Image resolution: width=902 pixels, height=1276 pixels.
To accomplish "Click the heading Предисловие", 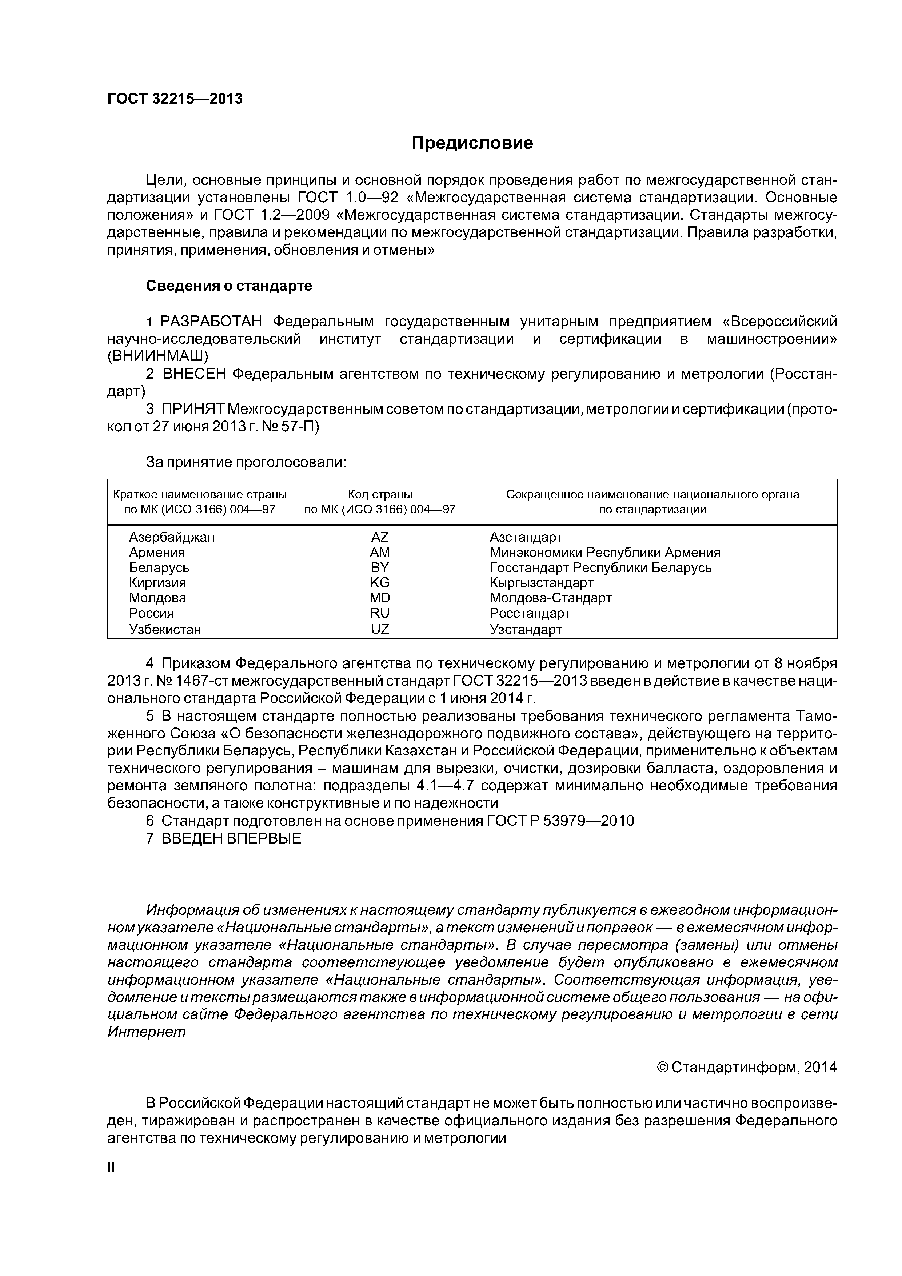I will point(472,143).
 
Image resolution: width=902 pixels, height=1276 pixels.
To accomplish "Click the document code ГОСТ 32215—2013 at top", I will point(175,99).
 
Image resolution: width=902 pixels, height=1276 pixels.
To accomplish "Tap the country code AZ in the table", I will point(380,537).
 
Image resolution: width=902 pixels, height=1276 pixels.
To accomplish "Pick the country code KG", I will point(380,582).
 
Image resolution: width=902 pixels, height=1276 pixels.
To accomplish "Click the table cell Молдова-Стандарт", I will point(550,598).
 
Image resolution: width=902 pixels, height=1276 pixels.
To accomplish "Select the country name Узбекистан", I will point(165,629).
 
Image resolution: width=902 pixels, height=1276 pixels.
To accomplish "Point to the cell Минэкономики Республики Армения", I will point(605,553).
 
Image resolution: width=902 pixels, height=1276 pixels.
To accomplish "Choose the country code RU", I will point(380,613).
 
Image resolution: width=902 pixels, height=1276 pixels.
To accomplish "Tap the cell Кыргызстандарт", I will point(541,582).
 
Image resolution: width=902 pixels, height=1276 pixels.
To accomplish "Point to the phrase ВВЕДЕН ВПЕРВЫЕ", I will point(231,838).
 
